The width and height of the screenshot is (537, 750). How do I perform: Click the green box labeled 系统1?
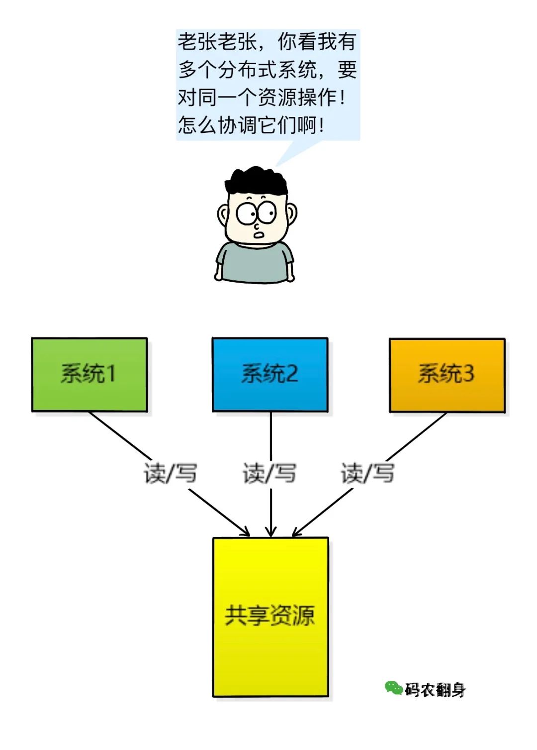coord(89,374)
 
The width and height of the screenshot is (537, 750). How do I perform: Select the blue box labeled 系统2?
coord(270,374)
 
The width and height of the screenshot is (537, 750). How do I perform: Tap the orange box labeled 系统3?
coord(447,375)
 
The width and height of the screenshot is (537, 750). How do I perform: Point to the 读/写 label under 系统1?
coord(170,473)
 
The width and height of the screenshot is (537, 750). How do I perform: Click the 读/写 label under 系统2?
coord(269,473)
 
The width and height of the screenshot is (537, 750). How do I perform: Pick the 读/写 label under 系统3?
coord(367,473)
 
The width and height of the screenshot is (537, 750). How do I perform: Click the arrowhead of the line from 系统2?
coord(270,533)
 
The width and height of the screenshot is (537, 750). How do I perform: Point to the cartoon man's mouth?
coord(259,234)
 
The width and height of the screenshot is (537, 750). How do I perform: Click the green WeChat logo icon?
coord(393,688)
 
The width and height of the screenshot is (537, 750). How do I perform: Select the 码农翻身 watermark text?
coord(435,690)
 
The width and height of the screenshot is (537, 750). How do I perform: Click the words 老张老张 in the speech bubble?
coord(217,42)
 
